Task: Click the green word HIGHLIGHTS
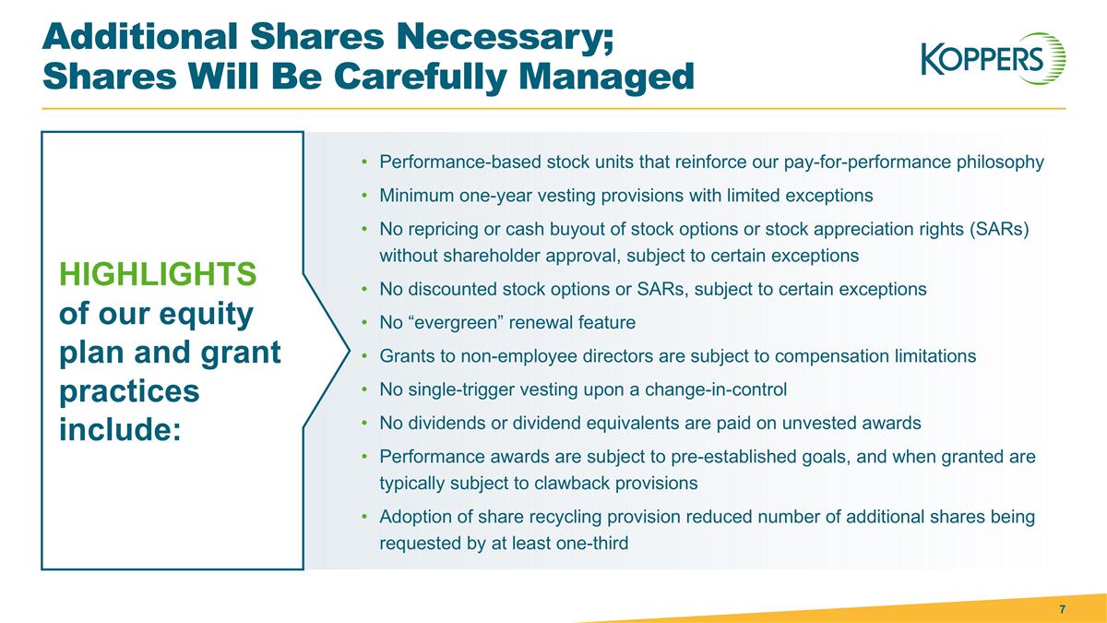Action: point(157,274)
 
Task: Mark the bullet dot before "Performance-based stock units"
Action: point(365,163)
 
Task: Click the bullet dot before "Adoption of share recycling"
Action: point(365,518)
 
